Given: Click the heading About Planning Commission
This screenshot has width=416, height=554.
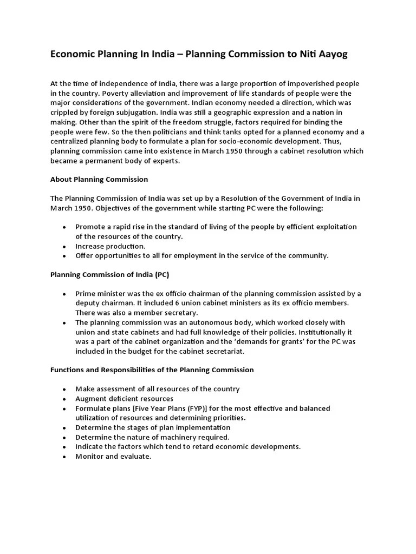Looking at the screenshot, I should (x=99, y=179).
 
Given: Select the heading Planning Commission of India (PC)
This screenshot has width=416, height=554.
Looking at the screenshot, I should (x=109, y=274).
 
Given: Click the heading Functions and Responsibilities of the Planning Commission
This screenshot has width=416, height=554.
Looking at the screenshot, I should (x=152, y=370).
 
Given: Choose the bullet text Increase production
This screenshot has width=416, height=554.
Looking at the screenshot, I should (x=110, y=246).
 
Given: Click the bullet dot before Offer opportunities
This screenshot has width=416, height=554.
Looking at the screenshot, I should (x=64, y=256).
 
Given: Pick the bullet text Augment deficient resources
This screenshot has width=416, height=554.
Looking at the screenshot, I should (x=124, y=399).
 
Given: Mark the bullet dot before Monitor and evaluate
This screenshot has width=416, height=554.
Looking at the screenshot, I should (x=64, y=457).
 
